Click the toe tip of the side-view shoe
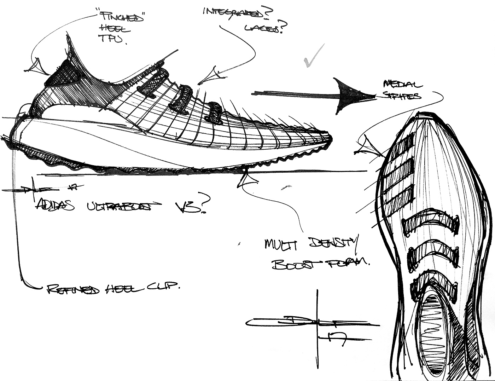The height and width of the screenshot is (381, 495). point(331,138)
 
